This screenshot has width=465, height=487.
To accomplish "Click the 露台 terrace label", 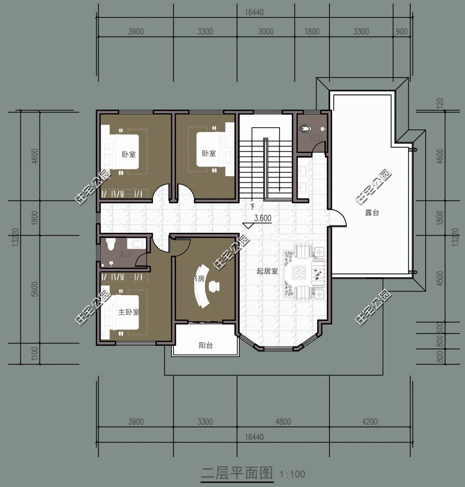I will tap(372, 213).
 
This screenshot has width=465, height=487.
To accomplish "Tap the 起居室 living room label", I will tap(267, 271).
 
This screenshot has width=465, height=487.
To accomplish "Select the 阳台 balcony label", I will tap(206, 345).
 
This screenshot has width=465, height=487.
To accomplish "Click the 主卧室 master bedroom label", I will tap(128, 312).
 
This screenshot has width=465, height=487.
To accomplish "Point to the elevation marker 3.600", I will tap(263, 218).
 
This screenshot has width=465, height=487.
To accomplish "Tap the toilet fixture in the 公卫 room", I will tap(305, 128).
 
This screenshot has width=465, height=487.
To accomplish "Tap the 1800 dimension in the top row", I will tap(312, 32).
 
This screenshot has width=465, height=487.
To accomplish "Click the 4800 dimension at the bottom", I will tap(283, 422).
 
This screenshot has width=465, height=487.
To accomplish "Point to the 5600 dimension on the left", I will tap(35, 289).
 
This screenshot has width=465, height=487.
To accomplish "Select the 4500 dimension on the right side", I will tap(440, 278).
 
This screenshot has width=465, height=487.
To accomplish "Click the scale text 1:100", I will tap(292, 474).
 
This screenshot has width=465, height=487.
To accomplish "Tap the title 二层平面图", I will tap(237, 473).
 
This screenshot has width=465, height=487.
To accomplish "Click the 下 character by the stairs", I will tap(252, 207).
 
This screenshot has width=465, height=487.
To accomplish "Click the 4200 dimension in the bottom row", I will tap(370, 422).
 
